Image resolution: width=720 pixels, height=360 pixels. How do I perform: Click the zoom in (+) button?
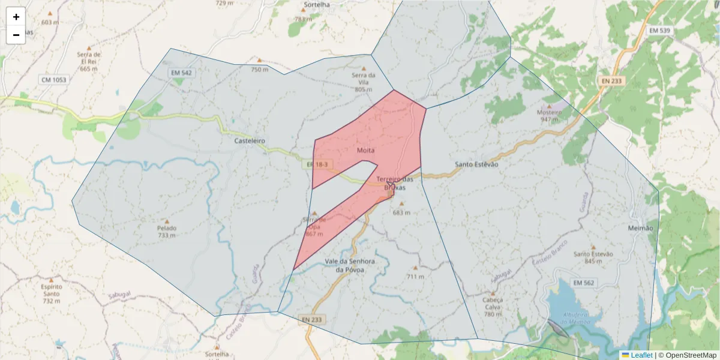coord(16,17)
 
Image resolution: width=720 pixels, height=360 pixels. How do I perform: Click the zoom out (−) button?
coord(16,35)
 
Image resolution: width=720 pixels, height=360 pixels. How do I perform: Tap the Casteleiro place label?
coord(250,141)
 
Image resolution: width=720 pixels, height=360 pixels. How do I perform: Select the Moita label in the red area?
coord(365,150)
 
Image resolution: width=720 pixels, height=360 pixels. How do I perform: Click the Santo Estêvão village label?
coord(476,164)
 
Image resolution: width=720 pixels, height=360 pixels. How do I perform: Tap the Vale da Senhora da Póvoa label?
coord(349,266)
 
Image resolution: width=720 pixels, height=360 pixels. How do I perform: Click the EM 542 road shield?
coord(181,73)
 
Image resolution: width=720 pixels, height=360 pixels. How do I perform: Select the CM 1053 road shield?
coord(53,80)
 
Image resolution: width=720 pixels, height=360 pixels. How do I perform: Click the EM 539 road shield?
coord(660,30)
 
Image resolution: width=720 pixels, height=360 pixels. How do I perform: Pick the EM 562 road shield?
coord(583,283)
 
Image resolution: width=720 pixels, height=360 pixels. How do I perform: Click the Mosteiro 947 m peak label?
coord(549,116)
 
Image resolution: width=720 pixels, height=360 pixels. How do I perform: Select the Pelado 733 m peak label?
coord(167,232)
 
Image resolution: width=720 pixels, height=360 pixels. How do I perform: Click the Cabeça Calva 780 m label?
coord(492,307)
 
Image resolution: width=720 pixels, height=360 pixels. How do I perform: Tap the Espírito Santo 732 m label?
coord(52,293)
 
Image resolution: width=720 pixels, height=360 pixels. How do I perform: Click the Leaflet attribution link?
coord(641,355)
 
